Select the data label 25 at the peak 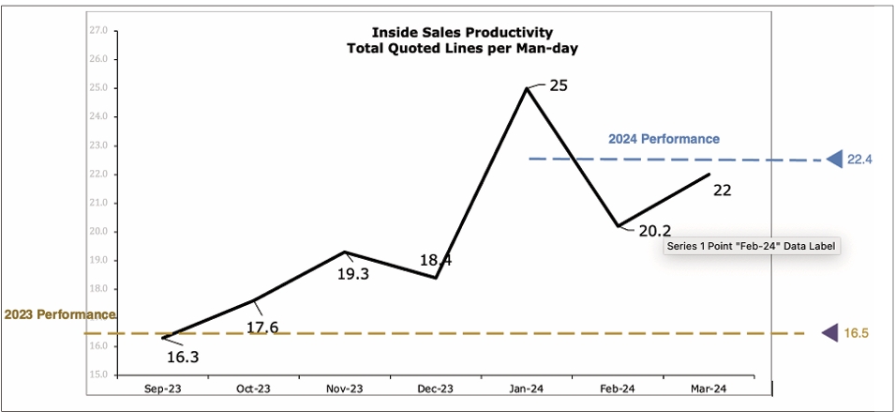tap(559, 85)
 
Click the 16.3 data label tap(182, 357)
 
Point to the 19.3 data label tap(354, 273)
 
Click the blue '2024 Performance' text tap(664, 139)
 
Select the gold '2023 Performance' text tap(60, 314)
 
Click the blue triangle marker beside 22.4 tap(836, 160)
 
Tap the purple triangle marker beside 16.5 tap(829, 332)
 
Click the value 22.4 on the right tap(859, 160)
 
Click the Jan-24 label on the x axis tap(527, 389)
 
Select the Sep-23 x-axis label tap(162, 389)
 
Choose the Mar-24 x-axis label tap(708, 389)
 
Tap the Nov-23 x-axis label tap(344, 389)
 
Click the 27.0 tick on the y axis tap(97, 30)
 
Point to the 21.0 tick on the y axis tap(97, 203)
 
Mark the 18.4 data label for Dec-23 tap(436, 260)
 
